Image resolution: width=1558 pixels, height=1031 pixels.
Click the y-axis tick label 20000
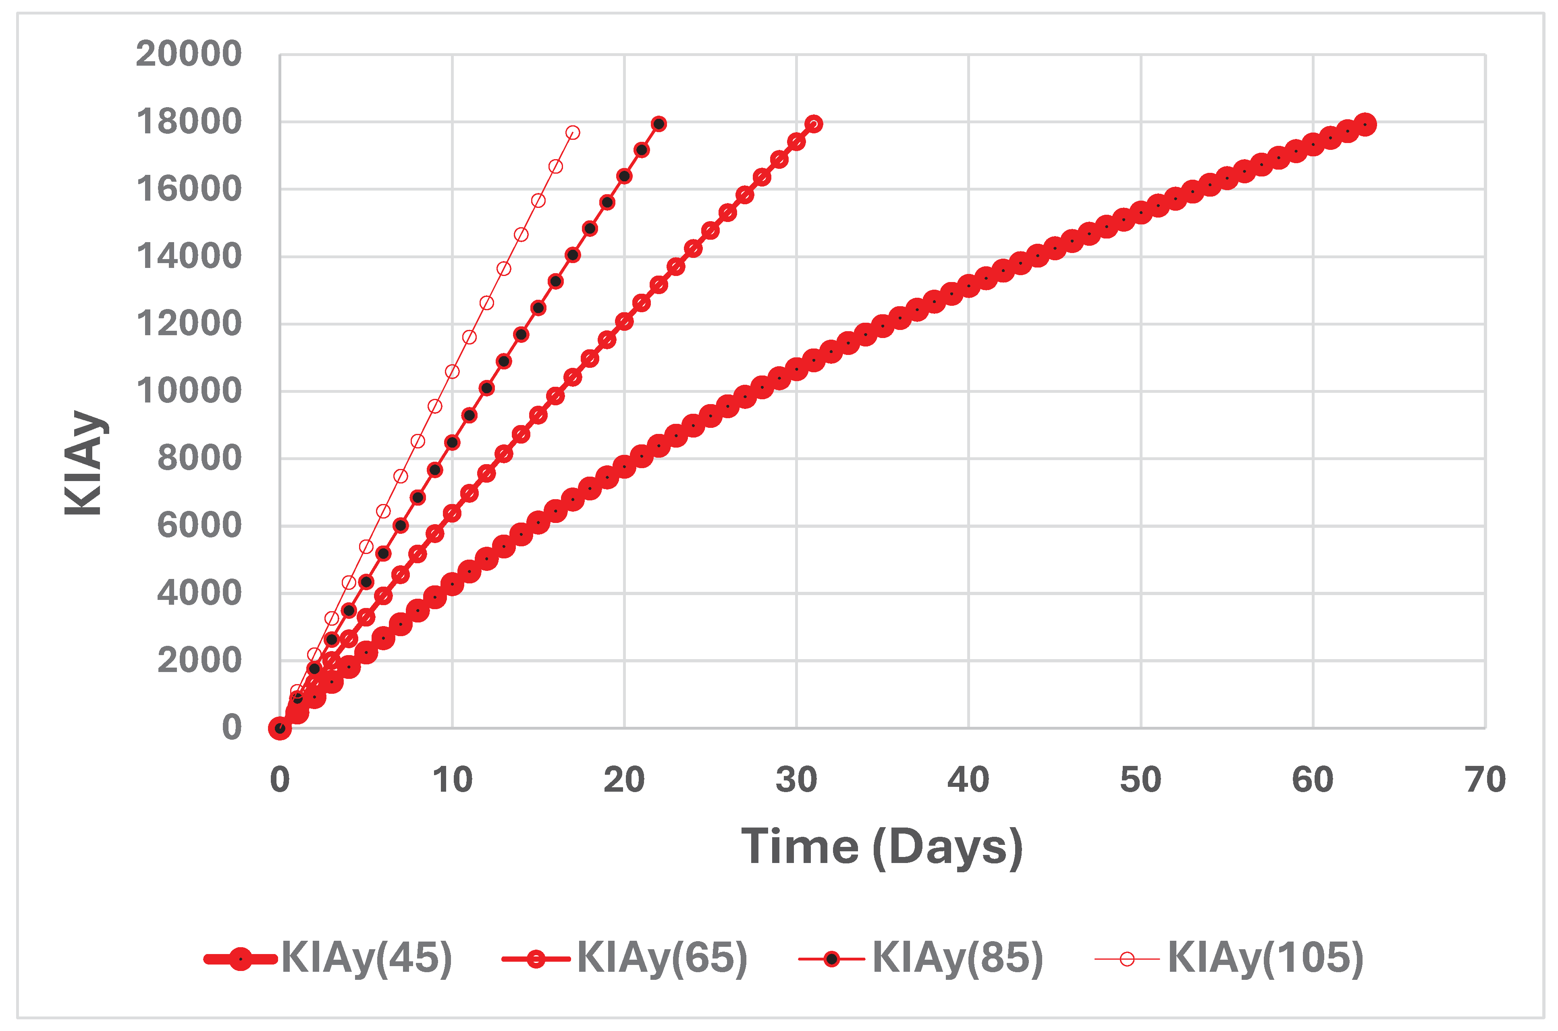189,54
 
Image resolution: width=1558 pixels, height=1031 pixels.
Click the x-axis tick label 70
1485,780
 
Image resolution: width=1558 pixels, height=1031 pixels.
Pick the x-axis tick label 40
968,780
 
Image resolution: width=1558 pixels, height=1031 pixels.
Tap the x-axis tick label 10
452,780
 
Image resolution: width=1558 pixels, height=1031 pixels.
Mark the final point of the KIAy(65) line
814,124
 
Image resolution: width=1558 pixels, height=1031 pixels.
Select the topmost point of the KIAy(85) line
659,124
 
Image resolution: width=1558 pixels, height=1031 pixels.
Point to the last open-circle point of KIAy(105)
573,132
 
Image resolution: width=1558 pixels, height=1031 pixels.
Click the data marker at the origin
280,728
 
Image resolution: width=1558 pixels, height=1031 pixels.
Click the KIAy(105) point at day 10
452,371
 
